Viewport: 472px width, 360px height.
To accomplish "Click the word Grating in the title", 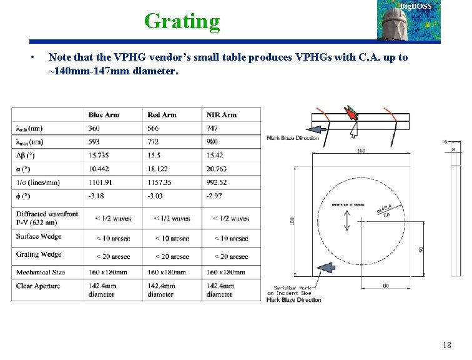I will pyautogui.click(x=182, y=21).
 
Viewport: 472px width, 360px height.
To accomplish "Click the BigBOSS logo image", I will pyautogui.click(x=408, y=21).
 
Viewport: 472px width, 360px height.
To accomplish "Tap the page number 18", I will pyautogui.click(x=446, y=345).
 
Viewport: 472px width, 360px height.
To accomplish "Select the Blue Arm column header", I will pyautogui.click(x=104, y=115).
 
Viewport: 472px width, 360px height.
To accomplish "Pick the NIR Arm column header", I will pyautogui.click(x=222, y=115).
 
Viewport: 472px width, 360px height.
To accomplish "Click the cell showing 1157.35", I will pyautogui.click(x=162, y=182).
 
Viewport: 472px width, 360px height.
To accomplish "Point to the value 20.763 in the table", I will pyautogui.click(x=217, y=169).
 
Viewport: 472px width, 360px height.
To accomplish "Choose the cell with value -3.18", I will pyautogui.click(x=97, y=196).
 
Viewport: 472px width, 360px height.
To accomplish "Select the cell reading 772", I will pyautogui.click(x=154, y=142).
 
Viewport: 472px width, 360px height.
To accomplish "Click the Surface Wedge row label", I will pyautogui.click(x=39, y=237).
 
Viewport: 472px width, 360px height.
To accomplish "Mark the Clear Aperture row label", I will pyautogui.click(x=39, y=286).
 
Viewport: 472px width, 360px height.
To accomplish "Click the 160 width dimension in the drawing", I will pyautogui.click(x=361, y=151).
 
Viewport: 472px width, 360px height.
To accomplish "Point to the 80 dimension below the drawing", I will pyautogui.click(x=386, y=286).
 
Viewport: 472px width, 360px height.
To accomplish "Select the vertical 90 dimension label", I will pyautogui.click(x=421, y=248).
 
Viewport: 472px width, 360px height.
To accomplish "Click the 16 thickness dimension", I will pyautogui.click(x=445, y=142).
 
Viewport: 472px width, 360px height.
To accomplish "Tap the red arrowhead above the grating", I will pyautogui.click(x=352, y=114).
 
